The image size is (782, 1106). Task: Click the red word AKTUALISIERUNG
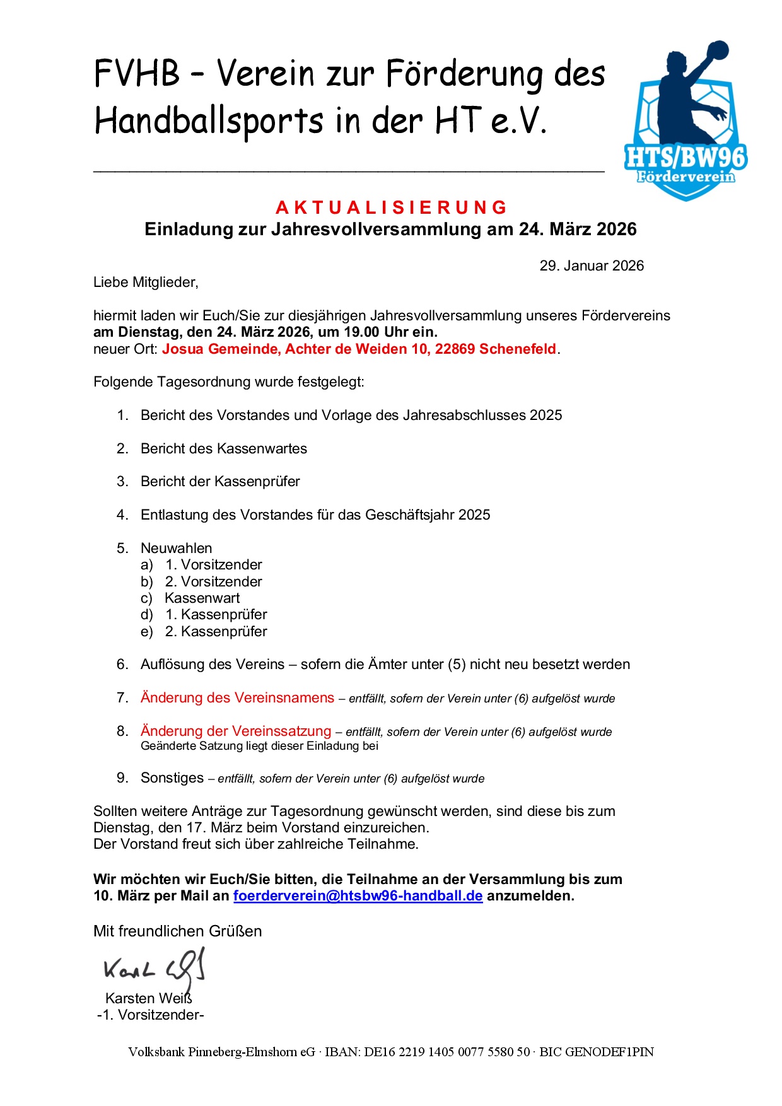pos(391,207)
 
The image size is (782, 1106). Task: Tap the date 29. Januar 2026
pos(591,265)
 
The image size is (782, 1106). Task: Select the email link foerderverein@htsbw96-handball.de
pos(358,895)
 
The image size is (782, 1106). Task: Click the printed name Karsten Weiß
pos(148,998)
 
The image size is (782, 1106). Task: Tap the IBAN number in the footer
pos(447,1052)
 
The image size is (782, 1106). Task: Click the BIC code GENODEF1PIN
pos(609,1052)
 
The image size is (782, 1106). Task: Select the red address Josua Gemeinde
pos(359,349)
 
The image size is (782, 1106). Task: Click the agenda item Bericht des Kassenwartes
pos(223,448)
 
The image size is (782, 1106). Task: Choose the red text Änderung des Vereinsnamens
pos(237,697)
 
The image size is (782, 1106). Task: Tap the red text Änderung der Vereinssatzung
pos(235,731)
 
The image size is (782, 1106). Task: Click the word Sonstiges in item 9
pos(172,777)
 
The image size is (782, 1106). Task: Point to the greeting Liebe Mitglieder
pos(146,282)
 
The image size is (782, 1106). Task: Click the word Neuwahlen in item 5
pos(176,548)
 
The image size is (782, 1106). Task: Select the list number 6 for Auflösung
pos(122,664)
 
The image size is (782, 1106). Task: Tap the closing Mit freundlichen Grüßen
pos(177,931)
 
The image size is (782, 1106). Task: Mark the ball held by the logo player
pos(717,52)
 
